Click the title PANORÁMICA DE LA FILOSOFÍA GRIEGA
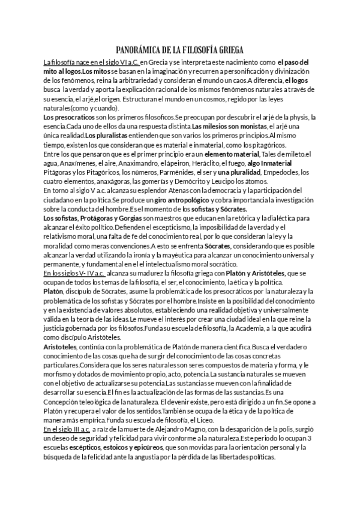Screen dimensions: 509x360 (x=179, y=50)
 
